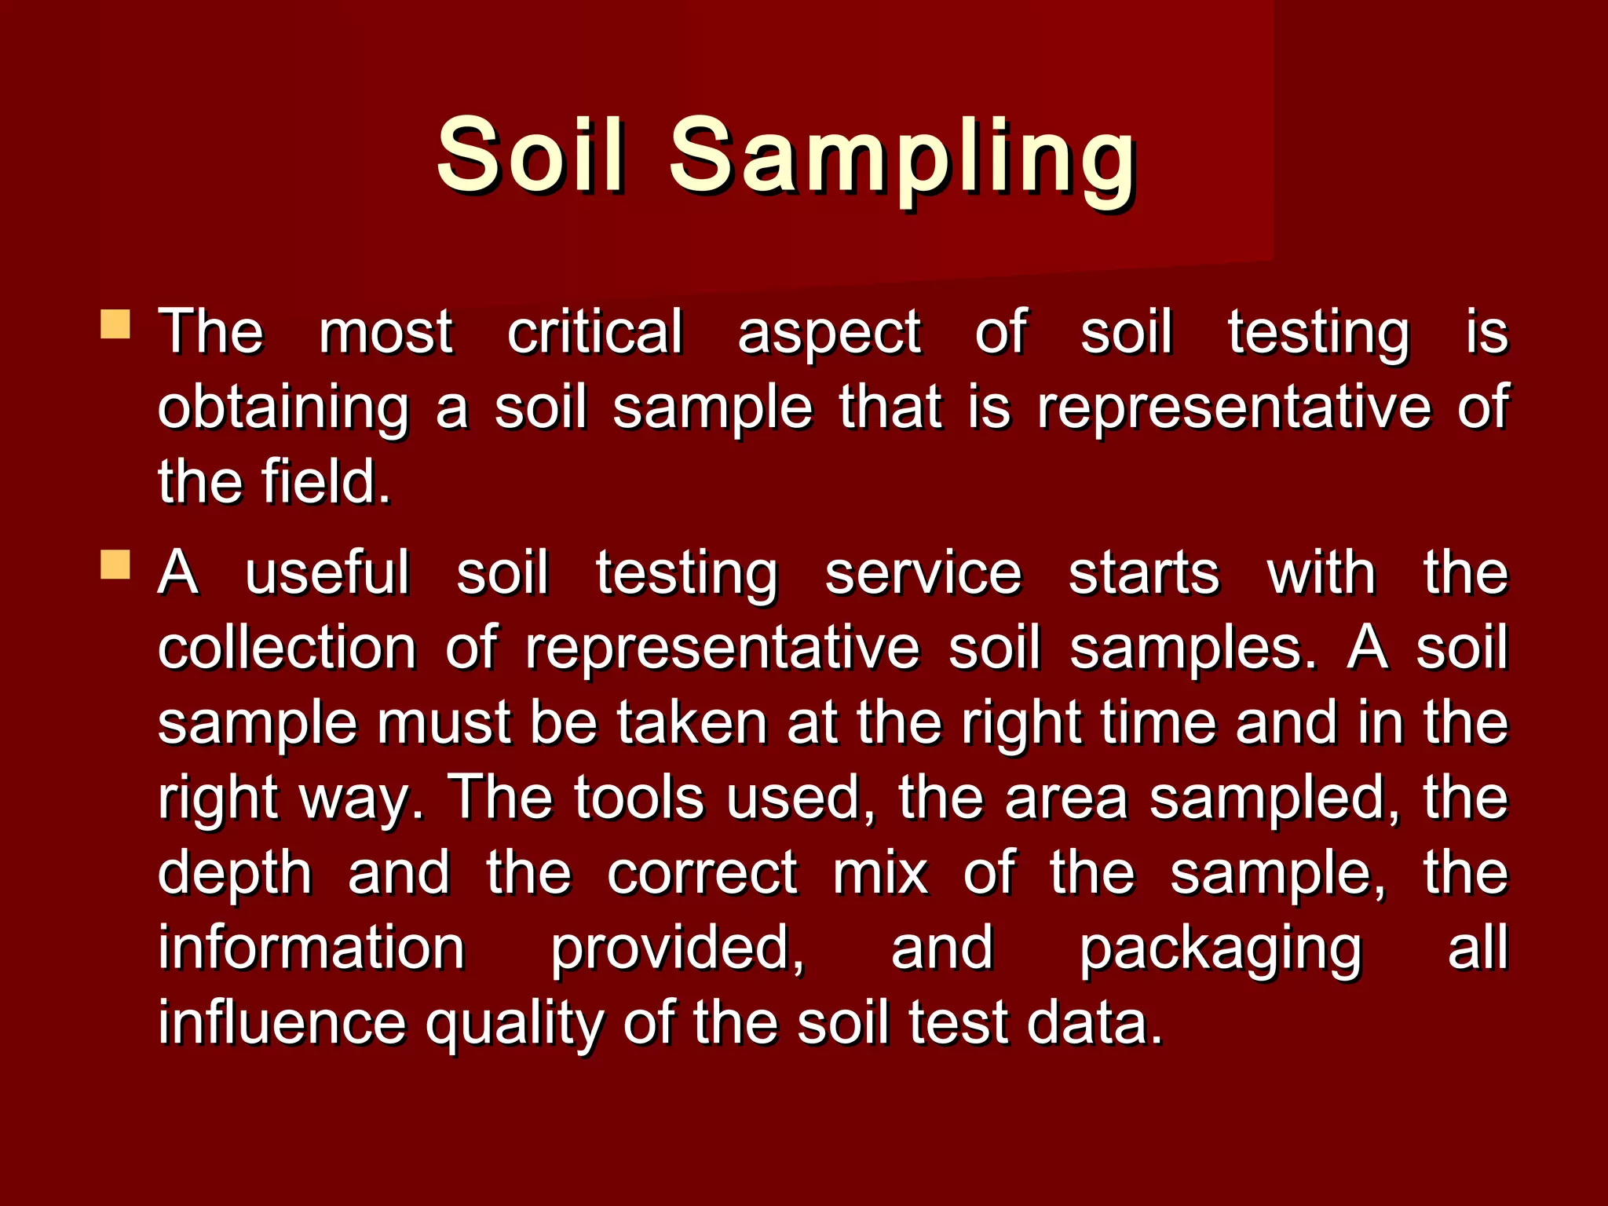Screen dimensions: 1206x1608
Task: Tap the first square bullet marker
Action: pyautogui.click(x=115, y=324)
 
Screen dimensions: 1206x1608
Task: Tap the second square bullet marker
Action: pyautogui.click(x=115, y=565)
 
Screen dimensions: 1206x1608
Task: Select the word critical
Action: pyautogui.click(x=594, y=331)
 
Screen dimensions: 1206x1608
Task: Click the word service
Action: pyautogui.click(x=923, y=573)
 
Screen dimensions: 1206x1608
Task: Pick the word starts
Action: pyautogui.click(x=1144, y=573)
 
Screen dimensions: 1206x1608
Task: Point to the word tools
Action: pyautogui.click(x=639, y=798)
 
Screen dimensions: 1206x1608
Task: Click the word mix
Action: pyautogui.click(x=880, y=873)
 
